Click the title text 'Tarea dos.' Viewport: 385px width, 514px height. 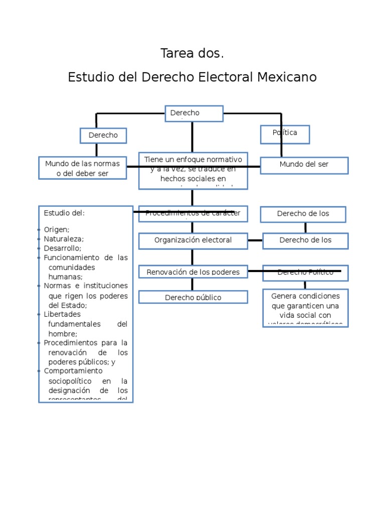(x=192, y=53)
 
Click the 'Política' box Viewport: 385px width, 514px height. (x=285, y=134)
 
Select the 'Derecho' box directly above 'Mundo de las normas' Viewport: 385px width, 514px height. (x=103, y=136)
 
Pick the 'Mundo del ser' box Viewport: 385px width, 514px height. (x=304, y=165)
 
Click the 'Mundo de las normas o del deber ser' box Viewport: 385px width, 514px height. (x=82, y=168)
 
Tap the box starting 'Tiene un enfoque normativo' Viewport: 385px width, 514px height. (x=193, y=171)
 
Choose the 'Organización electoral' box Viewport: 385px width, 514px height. (x=193, y=240)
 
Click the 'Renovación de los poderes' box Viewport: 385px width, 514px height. (x=193, y=272)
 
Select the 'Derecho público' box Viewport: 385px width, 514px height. (x=193, y=297)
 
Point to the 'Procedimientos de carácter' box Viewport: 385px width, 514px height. (x=193, y=214)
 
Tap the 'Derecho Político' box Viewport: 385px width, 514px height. (x=305, y=273)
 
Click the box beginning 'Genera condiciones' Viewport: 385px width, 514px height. (x=305, y=308)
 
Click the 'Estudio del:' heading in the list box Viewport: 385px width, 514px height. (x=64, y=213)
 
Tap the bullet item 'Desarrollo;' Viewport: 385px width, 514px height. (x=62, y=248)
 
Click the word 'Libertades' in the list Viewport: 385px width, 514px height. (x=62, y=314)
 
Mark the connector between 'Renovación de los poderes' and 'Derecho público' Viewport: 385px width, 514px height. (x=192, y=285)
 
